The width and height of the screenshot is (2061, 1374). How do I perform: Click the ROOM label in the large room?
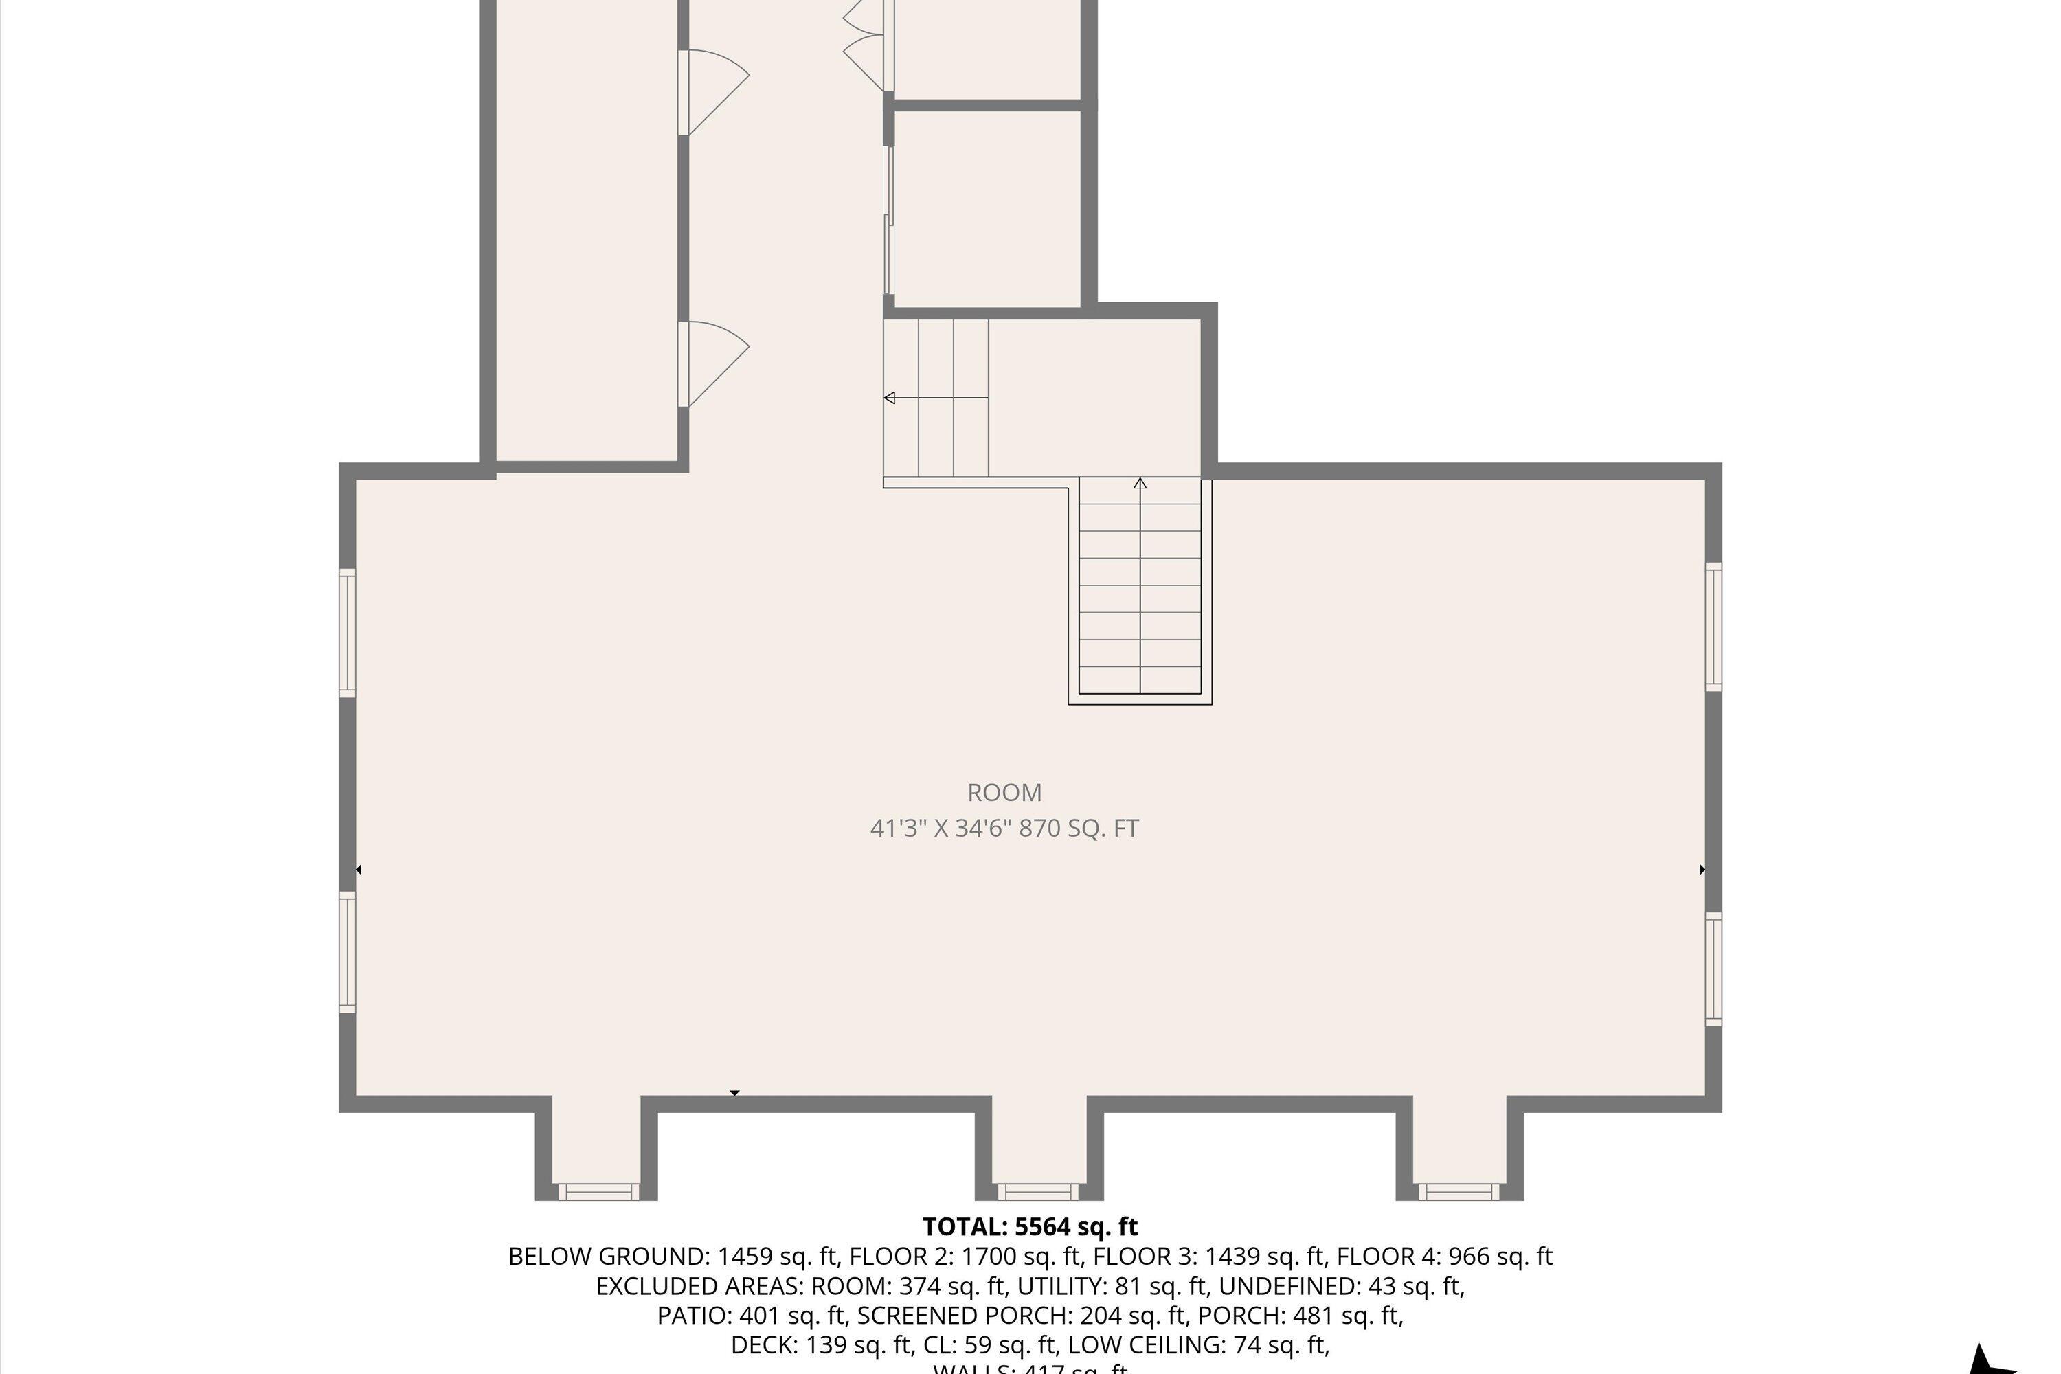1004,792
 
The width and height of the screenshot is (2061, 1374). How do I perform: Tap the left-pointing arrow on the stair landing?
890,398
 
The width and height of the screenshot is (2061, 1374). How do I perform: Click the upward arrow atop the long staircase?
1140,484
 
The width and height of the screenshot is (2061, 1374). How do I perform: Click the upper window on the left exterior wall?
348,633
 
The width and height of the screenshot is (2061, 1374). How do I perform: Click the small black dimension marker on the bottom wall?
735,1093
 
